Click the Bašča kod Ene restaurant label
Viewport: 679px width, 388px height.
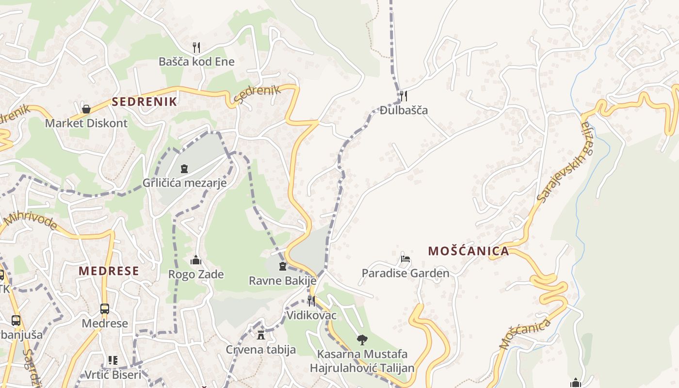(196, 62)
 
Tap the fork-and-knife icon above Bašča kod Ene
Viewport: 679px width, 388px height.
(196, 47)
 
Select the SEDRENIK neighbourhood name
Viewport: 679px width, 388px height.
(145, 102)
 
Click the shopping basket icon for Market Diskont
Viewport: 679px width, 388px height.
(86, 109)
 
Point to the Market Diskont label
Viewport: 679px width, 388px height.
(86, 123)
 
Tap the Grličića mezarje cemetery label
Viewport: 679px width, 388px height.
(184, 183)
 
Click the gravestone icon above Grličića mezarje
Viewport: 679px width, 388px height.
(184, 169)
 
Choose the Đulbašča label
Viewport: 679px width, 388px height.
(404, 110)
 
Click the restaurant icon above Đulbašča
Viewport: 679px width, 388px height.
(403, 95)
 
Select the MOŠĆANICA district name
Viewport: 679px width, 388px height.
(469, 251)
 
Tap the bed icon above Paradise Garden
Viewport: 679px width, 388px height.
(405, 259)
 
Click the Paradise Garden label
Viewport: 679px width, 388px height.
(405, 274)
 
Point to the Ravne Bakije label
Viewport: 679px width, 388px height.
(282, 280)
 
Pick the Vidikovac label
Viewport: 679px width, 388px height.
(311, 315)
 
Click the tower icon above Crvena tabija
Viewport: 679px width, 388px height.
(261, 335)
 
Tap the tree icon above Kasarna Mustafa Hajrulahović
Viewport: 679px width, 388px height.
(362, 339)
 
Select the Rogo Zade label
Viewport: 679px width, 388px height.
(196, 275)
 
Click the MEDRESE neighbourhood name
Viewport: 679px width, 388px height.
(109, 271)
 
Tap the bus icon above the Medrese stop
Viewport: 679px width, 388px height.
(104, 309)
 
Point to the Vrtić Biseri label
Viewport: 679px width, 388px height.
(113, 374)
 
